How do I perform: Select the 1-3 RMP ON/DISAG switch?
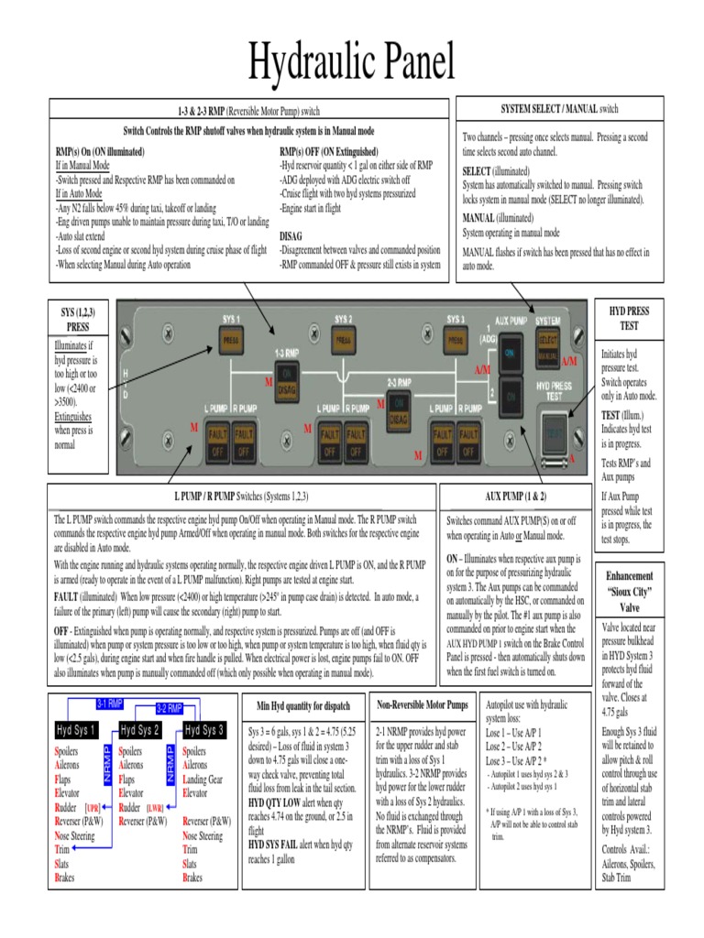[286, 383]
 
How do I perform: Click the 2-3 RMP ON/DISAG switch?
[398, 409]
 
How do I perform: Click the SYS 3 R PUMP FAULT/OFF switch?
[467, 442]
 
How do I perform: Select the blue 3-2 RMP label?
[169, 708]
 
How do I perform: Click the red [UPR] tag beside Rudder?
[93, 809]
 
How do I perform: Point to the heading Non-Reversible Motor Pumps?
[423, 705]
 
